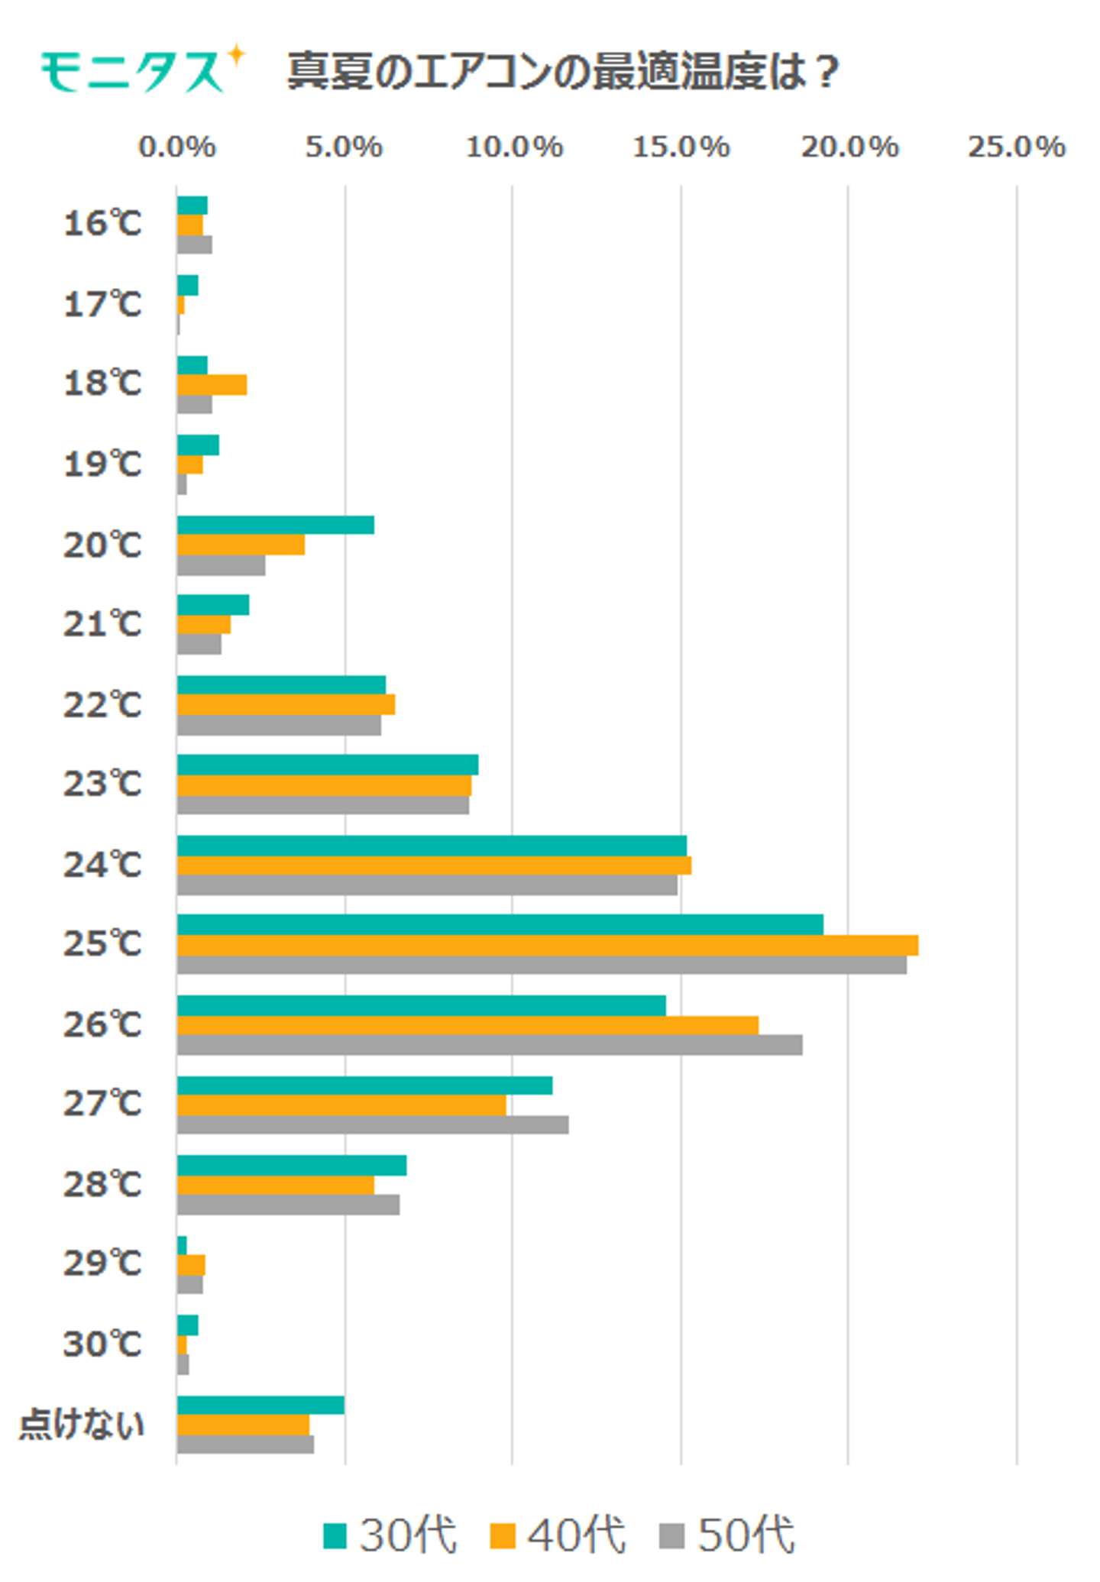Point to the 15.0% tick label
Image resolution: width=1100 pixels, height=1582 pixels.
pos(681,147)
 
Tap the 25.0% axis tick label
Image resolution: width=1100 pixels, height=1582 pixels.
pos(1016,147)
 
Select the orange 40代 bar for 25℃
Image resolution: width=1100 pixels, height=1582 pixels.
pos(547,945)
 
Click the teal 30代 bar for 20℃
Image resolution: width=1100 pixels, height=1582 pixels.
pos(275,525)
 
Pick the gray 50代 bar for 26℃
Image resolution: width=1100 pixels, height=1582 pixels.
pos(489,1045)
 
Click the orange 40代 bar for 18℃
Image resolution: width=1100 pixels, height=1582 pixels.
pos(212,385)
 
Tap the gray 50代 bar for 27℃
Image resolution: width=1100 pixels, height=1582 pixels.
pos(372,1124)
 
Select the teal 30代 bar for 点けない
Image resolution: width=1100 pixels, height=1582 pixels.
pos(260,1405)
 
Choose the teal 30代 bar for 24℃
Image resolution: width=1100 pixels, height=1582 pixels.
pos(432,846)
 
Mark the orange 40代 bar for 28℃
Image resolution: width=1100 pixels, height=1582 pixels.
pos(275,1185)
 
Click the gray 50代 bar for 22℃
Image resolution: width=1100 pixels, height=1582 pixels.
pos(279,725)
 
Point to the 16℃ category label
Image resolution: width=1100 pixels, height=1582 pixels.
pos(102,224)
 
